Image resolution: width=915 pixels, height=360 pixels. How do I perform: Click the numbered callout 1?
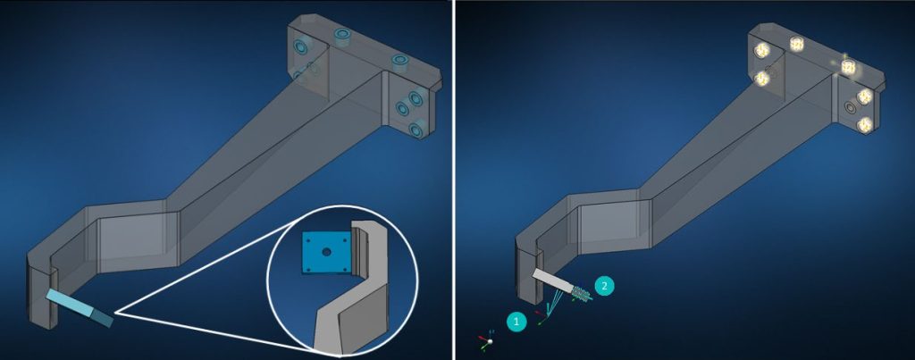click(x=516, y=322)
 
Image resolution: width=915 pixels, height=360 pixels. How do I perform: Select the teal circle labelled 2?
click(x=604, y=286)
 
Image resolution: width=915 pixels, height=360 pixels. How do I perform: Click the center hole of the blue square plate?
click(x=327, y=252)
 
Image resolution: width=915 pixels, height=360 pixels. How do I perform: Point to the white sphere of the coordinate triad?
click(x=491, y=342)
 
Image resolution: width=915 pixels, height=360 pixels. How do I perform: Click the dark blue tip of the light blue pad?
click(x=103, y=318)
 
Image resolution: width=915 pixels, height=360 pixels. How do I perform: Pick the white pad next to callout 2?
click(x=552, y=280)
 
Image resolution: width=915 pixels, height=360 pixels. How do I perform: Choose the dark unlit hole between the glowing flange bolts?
click(x=851, y=107)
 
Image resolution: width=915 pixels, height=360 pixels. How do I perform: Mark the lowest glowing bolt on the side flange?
click(x=864, y=124)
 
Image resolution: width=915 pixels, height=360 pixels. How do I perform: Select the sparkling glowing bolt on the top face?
click(x=847, y=67)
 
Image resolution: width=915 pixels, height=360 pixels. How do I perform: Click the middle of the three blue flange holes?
click(x=402, y=108)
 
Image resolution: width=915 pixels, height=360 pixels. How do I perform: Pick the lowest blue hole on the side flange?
click(x=416, y=130)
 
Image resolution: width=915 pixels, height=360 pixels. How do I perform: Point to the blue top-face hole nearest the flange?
click(x=399, y=61)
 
